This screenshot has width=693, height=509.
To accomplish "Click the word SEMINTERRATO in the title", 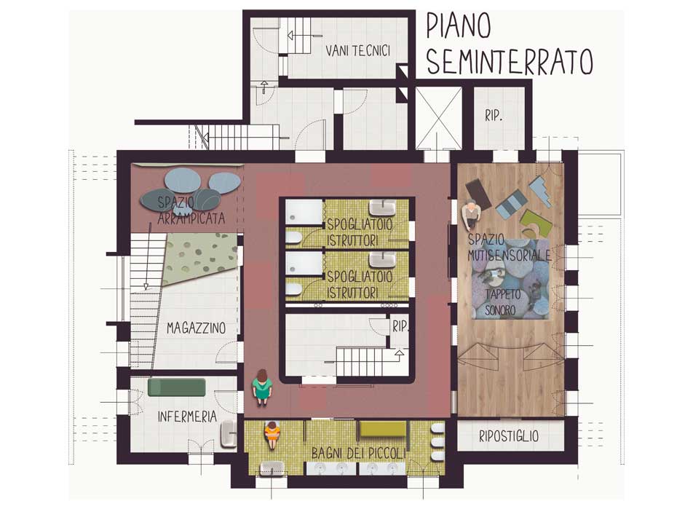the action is tap(509, 61).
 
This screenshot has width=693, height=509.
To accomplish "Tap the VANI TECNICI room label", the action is tap(358, 50).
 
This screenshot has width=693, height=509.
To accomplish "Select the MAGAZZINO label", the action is tap(197, 328).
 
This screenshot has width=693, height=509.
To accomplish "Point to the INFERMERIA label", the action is tap(187, 416).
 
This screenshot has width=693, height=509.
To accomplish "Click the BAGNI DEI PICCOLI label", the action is tap(358, 453).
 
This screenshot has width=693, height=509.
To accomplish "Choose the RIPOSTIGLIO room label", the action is tap(509, 436).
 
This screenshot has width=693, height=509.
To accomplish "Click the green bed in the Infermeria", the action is tap(176, 387).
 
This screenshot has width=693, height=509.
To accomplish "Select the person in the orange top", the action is tap(272, 435).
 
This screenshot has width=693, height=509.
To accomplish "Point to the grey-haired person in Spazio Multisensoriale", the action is tap(471, 215).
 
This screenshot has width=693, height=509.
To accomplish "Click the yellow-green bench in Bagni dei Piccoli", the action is tap(383, 428).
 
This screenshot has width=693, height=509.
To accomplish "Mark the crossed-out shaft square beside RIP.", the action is tap(438, 118).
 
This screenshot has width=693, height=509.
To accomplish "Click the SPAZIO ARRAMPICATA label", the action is tap(191, 210).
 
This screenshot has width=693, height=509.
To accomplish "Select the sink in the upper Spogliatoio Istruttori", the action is tap(383, 208).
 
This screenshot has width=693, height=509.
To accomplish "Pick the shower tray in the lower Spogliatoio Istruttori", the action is tap(304, 264).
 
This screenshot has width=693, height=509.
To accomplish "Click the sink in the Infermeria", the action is tap(229, 434).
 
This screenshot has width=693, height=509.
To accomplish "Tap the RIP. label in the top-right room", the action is tap(494, 116).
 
